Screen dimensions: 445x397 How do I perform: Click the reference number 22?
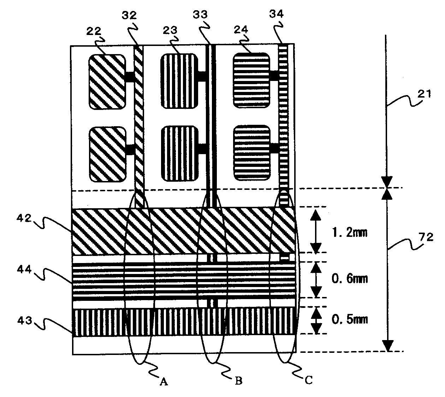coord(94,31)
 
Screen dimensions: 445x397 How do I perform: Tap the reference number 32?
coord(129,15)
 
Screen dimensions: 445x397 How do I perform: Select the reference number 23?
coord(170,30)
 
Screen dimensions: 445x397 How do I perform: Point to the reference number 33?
coord(200,14)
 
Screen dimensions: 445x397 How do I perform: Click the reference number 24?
coord(241,29)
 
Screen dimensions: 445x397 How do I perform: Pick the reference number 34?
coord(277,14)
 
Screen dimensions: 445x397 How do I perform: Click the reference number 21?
coord(425,94)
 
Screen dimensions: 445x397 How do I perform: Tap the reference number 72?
coord(426,237)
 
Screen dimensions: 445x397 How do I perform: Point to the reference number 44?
coord(24,269)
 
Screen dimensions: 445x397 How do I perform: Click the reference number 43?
coord(25,321)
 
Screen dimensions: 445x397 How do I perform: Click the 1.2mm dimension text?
coord(349,232)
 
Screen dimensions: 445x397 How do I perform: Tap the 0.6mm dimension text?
coord(349,279)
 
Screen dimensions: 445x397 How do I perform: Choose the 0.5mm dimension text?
coord(349,319)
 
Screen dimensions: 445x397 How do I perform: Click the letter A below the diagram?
coord(164,382)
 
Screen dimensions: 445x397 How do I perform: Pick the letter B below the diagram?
coord(238,380)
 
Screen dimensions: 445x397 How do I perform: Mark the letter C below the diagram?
coord(309,380)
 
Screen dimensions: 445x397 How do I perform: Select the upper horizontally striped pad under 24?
coord(251,81)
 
